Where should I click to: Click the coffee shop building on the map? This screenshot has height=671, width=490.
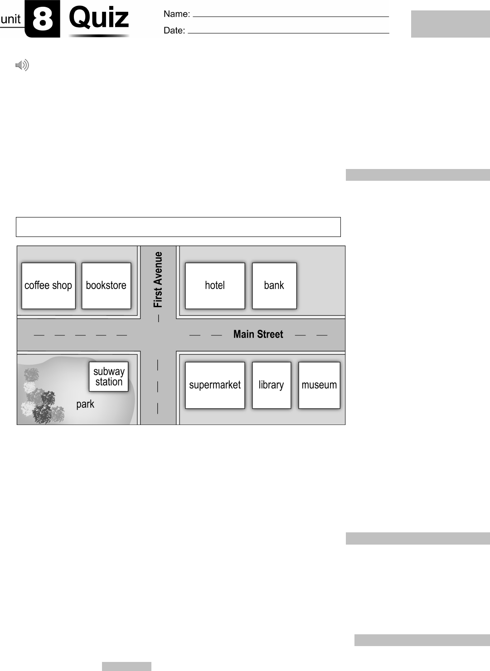[x=49, y=286]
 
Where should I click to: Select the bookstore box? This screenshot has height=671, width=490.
[x=106, y=286]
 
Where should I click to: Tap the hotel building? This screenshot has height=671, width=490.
[x=215, y=286]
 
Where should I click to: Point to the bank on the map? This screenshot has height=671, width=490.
[x=274, y=286]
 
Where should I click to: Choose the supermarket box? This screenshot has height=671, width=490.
[x=215, y=385]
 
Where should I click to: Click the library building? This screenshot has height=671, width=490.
[x=272, y=385]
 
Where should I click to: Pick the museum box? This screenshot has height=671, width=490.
[x=319, y=385]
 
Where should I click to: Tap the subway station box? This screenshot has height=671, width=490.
[x=109, y=377]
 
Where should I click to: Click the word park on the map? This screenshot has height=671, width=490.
[x=85, y=404]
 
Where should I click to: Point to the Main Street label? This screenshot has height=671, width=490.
[x=258, y=334]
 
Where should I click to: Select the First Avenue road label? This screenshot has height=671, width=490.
[x=158, y=280]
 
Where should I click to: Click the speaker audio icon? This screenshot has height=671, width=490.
[x=22, y=66]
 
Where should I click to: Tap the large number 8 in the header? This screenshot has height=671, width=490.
[x=43, y=19]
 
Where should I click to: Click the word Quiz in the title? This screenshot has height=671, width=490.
[x=99, y=18]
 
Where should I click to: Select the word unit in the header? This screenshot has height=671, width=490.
[x=11, y=19]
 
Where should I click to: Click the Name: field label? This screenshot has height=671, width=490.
[x=177, y=14]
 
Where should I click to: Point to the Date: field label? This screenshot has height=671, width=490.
[x=174, y=31]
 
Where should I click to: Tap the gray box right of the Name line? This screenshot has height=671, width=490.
[x=450, y=24]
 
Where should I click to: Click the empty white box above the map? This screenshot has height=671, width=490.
[x=178, y=227]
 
